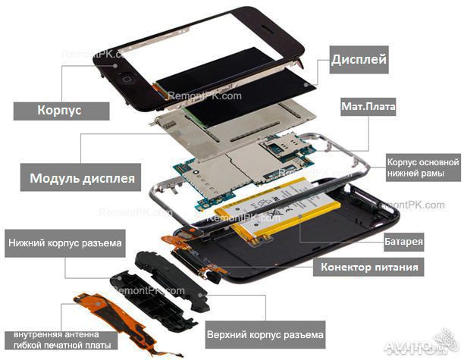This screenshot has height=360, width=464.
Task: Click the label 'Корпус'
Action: tap(58, 110)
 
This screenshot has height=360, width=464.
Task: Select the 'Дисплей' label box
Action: tap(360, 58)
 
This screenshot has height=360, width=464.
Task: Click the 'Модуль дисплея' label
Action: tap(82, 179)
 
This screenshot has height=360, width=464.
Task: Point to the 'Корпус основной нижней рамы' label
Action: tap(422, 169)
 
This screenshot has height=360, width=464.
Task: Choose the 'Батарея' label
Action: tap(403, 243)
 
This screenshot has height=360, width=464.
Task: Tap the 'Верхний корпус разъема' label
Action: tap(265, 333)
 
